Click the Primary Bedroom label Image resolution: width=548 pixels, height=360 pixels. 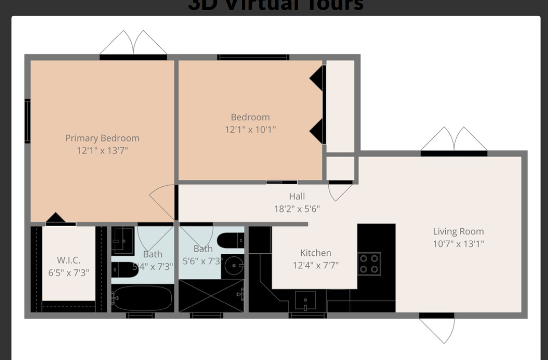[x=102, y=138]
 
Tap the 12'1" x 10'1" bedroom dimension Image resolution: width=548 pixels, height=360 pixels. [x=250, y=129]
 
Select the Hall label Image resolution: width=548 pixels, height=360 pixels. [x=297, y=196]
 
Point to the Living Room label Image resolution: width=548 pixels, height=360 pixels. [x=458, y=232]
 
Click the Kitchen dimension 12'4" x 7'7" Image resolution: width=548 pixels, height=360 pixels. [x=316, y=265]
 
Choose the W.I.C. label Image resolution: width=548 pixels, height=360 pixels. [x=68, y=260]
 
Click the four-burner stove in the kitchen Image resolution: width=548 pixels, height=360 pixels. [x=369, y=264]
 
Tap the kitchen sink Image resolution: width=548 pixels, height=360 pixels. [x=305, y=301]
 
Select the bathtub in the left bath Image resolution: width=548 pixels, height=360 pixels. [x=143, y=298]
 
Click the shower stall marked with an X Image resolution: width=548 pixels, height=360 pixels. [x=212, y=296]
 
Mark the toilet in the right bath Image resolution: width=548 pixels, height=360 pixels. [x=233, y=241]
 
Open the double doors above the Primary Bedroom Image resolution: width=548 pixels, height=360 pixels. [x=133, y=44]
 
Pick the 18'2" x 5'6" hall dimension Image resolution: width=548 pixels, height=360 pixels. [x=297, y=209]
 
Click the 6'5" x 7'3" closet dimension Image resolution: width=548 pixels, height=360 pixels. [x=68, y=273]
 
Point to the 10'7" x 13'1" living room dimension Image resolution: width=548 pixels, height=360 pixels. [x=458, y=244]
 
